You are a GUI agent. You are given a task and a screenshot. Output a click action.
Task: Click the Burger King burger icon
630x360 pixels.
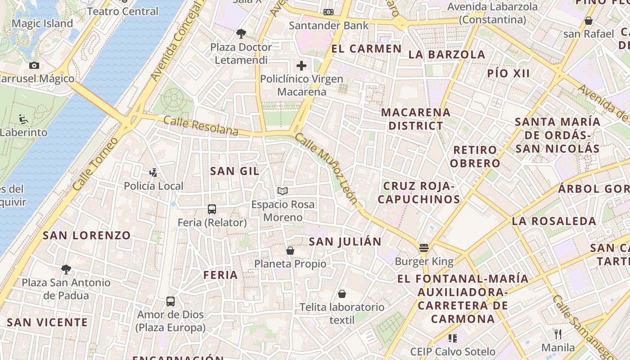point(423,248)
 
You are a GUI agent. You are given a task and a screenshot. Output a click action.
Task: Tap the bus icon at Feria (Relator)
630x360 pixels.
point(212,209)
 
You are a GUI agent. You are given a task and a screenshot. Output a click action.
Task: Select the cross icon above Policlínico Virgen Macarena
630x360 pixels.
point(301,66)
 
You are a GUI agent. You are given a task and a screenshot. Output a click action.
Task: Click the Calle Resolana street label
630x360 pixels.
point(201,126)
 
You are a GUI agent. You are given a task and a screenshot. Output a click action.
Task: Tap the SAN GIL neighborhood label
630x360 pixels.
point(234,171)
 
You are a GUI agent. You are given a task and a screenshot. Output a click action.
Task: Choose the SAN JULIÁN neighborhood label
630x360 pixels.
point(345,242)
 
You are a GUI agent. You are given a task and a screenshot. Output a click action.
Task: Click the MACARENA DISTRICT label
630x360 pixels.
point(416,119)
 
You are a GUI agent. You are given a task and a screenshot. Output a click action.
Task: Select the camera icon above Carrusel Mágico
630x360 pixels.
point(34,66)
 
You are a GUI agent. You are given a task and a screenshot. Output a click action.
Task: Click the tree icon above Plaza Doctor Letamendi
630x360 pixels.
point(241,33)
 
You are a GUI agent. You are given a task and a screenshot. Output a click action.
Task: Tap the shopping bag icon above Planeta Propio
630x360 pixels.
point(290,251)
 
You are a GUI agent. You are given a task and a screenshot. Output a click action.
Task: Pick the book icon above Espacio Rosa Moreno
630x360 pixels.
point(283,191)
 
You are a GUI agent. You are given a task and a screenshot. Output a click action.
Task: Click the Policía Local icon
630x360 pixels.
point(153,172)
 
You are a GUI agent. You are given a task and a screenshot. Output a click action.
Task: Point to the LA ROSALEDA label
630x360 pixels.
point(554,221)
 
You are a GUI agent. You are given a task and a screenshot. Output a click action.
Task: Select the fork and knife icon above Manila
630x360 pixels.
point(558,334)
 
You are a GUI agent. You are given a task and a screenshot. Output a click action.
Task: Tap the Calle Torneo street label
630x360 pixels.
point(95,163)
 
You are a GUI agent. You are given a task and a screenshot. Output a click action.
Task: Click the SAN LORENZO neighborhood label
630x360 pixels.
point(86,235)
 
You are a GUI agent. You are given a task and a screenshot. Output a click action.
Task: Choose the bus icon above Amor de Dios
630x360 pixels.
point(171,301)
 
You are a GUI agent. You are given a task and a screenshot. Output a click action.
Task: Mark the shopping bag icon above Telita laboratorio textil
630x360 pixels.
point(342,294)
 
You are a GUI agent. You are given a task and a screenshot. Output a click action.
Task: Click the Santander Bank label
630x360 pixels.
point(328,26)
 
